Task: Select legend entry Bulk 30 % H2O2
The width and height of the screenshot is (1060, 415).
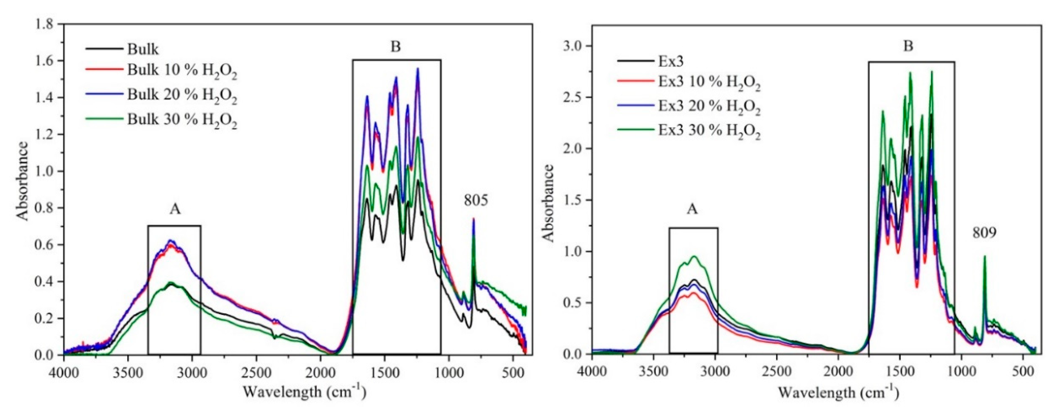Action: pos(182,120)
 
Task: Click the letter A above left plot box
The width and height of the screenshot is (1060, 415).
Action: pos(175,210)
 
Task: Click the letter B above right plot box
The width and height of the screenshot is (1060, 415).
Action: pos(908,46)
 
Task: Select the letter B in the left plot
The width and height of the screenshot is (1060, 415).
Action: pos(395,47)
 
